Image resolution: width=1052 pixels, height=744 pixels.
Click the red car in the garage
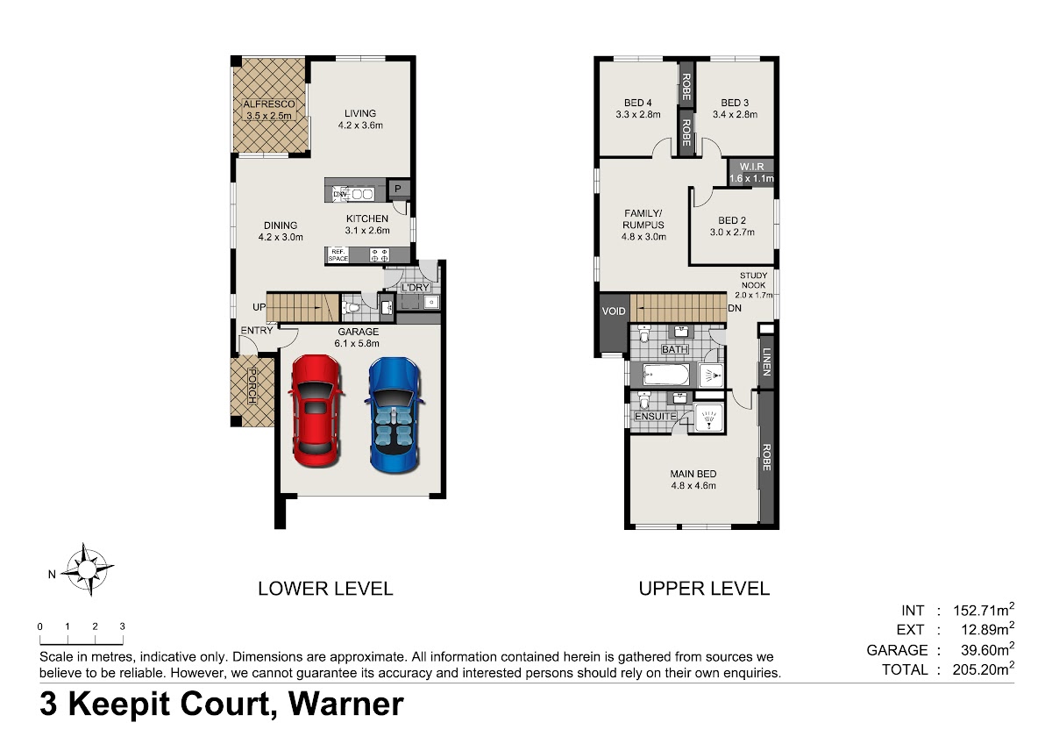coord(316,411)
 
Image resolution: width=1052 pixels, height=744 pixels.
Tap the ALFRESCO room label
coord(269,104)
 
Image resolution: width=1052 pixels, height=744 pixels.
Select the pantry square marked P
coord(398,189)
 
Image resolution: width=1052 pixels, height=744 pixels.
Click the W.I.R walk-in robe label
coord(751,167)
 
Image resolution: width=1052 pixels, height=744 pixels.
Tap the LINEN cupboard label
coord(766,361)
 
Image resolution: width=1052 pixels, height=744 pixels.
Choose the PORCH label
coord(252,386)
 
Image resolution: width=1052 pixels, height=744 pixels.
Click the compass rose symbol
coord(87,569)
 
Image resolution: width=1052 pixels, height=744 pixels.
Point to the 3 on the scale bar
coord(123,626)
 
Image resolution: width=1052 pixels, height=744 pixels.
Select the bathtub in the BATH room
coord(666,375)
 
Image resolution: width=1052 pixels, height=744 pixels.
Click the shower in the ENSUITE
coord(709,417)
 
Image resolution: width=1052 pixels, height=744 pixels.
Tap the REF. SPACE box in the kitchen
coord(338,254)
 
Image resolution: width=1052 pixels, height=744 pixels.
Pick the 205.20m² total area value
coord(983,669)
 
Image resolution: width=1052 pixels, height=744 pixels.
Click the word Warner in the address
coord(345,704)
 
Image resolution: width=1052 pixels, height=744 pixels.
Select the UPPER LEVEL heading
coord(704,589)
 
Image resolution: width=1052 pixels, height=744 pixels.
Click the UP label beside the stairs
coord(259,307)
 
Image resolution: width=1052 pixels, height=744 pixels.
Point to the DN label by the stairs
coord(735,308)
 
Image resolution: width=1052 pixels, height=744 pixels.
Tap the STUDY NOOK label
coord(753,280)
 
